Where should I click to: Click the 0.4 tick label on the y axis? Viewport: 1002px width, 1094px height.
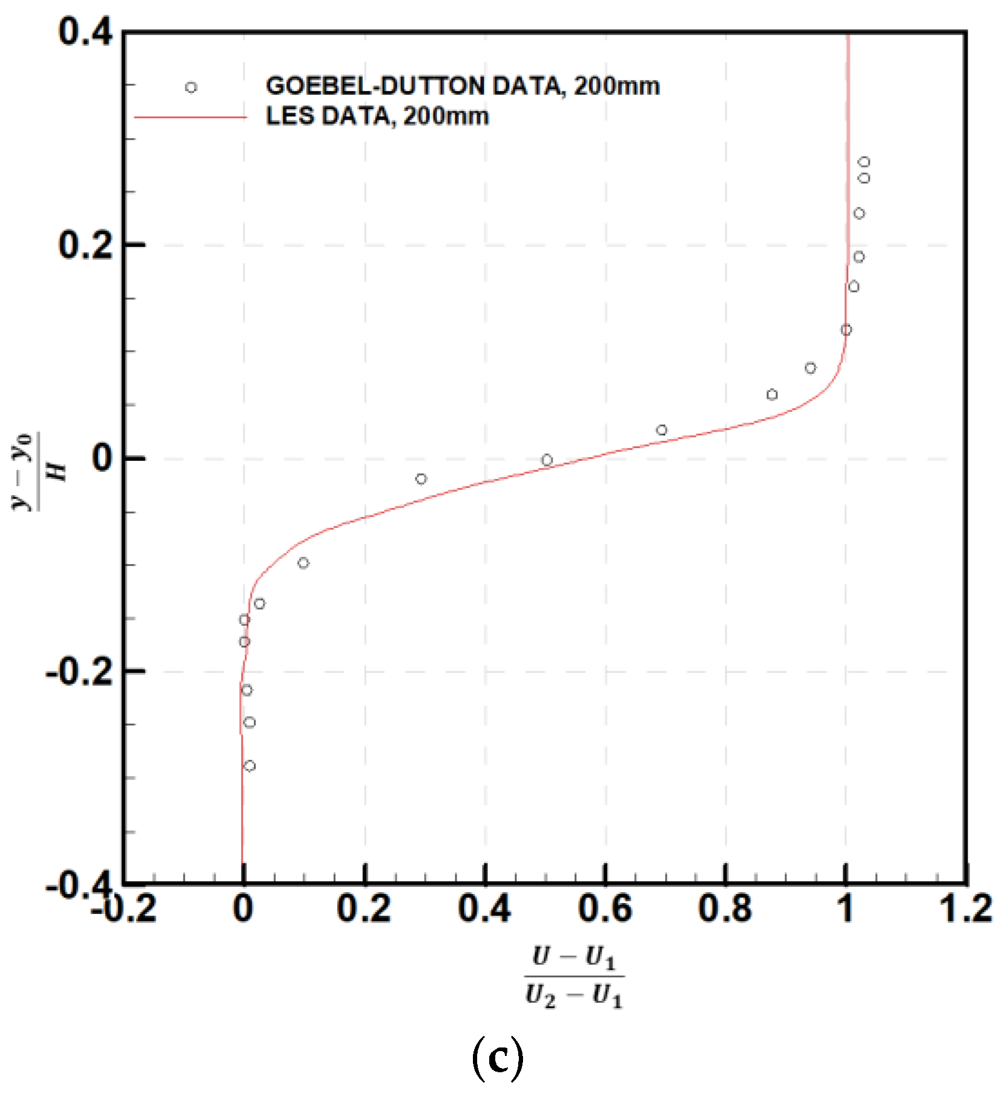coord(85,31)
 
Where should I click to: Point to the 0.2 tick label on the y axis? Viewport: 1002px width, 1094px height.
coord(85,245)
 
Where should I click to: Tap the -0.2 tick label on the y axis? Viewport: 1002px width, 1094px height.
coord(79,671)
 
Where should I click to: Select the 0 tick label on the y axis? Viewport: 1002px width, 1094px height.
coord(102,458)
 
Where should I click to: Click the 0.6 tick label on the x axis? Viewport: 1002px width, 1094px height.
coord(605,908)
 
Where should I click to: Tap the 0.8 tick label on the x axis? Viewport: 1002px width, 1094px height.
coord(725,908)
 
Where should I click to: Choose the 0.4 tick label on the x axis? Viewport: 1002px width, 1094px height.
coord(484,908)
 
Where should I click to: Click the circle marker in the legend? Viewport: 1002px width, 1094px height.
coord(191,88)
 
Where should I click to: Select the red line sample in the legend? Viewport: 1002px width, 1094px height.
coord(190,117)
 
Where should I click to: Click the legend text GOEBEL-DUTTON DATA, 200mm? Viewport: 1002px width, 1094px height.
coord(463,86)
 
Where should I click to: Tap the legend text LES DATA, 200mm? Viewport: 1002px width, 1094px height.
coord(377,116)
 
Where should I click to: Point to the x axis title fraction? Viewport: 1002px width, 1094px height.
coord(574,977)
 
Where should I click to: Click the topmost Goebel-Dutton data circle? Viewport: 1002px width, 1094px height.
coord(864,162)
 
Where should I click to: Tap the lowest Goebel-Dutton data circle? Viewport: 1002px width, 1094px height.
coord(249,766)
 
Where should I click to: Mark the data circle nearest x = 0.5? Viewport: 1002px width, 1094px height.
coord(547,460)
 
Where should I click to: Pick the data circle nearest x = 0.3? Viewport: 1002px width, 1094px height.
coord(421,479)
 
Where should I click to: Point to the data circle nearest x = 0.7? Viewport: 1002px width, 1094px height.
coord(661,430)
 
